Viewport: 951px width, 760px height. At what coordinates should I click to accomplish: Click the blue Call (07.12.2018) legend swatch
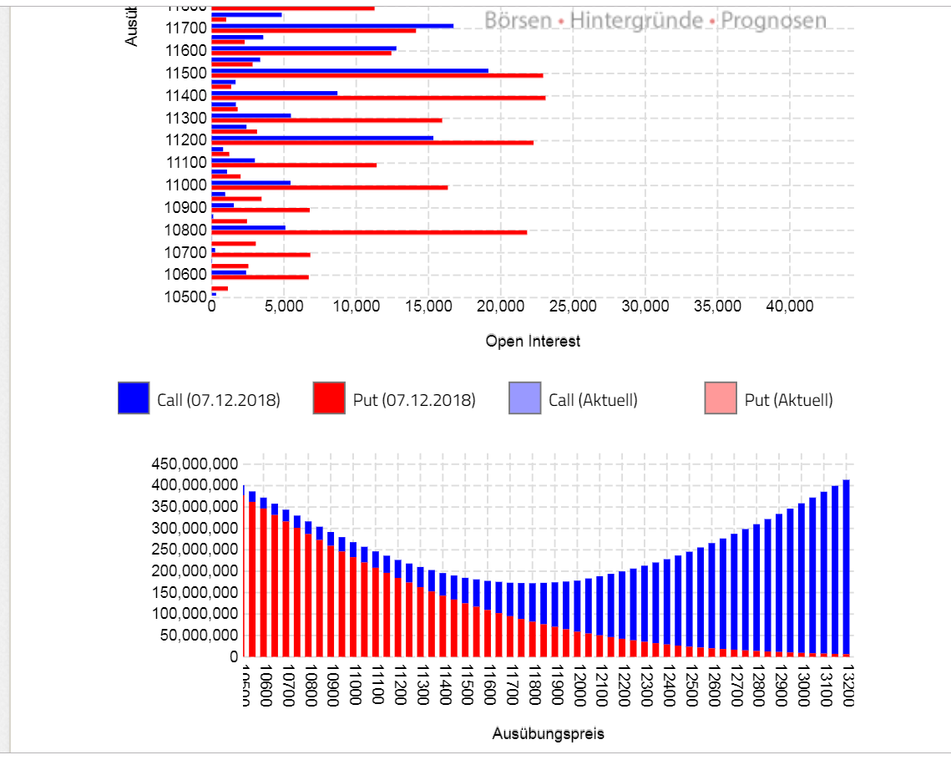point(134,398)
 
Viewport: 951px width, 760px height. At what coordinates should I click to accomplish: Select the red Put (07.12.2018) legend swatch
point(329,398)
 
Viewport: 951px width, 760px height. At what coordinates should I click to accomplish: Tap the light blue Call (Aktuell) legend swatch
point(524,398)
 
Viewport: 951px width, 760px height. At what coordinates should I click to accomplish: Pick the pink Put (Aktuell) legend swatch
point(721,398)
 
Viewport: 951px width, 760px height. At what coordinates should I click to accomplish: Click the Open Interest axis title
point(533,341)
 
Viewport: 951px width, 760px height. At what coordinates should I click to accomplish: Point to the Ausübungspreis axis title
point(548,733)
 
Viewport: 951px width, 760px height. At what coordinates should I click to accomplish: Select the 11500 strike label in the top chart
point(186,73)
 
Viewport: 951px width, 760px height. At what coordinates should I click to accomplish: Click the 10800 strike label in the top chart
point(186,230)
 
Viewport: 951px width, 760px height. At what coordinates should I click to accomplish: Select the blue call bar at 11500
point(350,70)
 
